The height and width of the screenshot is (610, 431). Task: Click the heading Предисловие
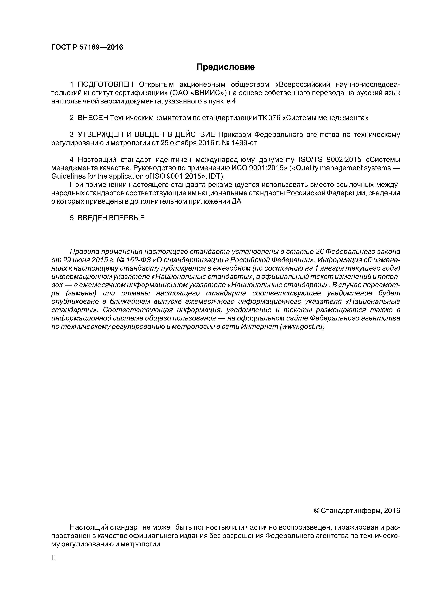(x=225, y=67)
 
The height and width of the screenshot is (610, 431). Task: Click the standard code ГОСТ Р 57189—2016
(x=87, y=47)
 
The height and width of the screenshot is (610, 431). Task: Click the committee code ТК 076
(x=269, y=118)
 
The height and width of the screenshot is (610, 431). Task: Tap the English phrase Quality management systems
(x=342, y=168)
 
